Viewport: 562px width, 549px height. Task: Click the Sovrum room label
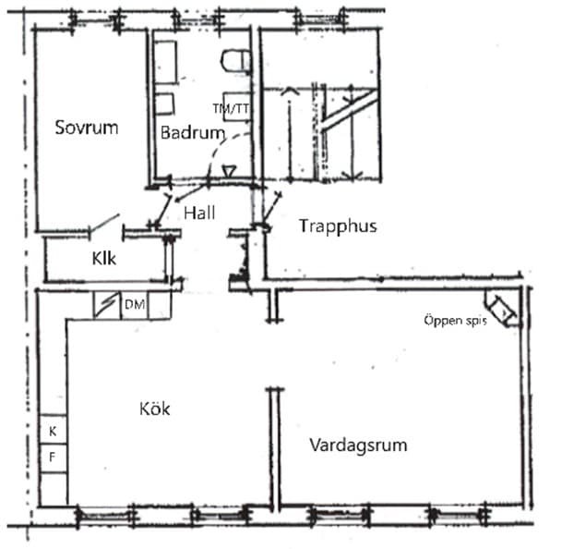coord(86,128)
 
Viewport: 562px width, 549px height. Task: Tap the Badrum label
coord(192,132)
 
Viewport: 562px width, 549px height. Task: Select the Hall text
coord(199,213)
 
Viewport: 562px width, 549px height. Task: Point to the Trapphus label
coord(338,226)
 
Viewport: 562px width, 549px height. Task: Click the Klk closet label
coord(102,260)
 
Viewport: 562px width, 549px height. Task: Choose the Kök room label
coord(156,408)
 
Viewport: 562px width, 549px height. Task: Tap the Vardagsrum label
coord(358,445)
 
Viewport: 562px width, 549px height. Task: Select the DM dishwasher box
coord(134,305)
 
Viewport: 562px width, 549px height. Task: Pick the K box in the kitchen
coord(53,432)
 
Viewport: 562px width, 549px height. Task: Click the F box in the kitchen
coord(53,457)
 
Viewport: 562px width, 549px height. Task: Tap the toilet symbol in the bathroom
coord(236,61)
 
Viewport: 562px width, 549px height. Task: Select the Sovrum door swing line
coord(102,224)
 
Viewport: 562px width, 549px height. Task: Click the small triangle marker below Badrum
coord(229,171)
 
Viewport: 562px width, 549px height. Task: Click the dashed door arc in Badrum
coord(236,146)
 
